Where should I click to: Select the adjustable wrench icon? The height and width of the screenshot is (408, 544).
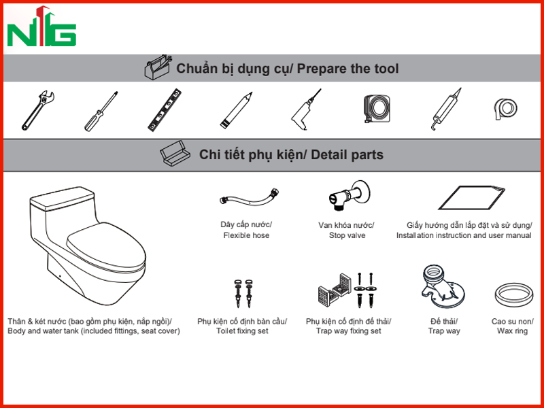point(38,110)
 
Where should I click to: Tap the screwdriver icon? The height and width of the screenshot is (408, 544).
point(101,111)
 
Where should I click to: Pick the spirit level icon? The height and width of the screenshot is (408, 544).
point(165,109)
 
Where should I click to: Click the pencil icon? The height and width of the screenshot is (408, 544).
point(236,110)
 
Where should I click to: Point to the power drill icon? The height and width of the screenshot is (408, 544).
point(305,109)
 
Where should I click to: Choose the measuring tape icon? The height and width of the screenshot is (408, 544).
point(377,109)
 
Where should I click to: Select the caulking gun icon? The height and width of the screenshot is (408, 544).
point(447,109)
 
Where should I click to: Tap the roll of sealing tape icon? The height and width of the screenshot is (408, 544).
point(505,109)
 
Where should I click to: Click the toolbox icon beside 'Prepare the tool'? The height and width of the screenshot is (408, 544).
point(158,67)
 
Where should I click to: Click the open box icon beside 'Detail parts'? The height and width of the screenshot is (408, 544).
point(175,153)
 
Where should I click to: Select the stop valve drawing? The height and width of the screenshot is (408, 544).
point(349,195)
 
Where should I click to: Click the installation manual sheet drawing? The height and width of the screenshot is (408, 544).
point(471,198)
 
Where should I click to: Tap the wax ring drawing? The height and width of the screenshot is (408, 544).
point(513,295)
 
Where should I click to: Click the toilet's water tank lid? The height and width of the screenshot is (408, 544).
point(62,199)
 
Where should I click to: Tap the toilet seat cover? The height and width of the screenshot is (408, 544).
point(106,247)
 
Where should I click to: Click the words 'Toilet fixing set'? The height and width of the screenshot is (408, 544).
point(242,330)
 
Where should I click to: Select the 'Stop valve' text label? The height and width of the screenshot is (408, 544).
point(347,235)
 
